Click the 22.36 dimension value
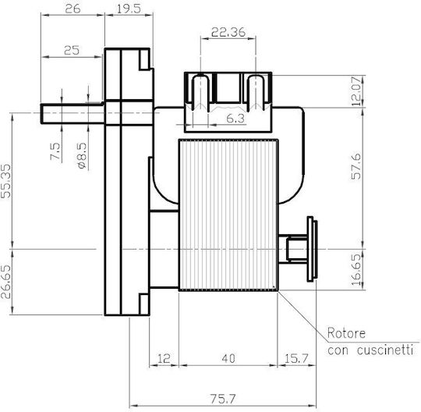tap(228, 32)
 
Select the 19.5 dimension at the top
tap(129, 9)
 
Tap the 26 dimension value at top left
tap(73, 9)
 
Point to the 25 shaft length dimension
tap(72, 50)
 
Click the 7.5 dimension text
tap(55, 151)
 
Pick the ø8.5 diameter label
tap(83, 155)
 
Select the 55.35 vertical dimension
tap(6, 181)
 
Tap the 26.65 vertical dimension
tap(6, 282)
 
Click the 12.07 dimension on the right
tap(356, 91)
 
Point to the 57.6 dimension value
tap(356, 167)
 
